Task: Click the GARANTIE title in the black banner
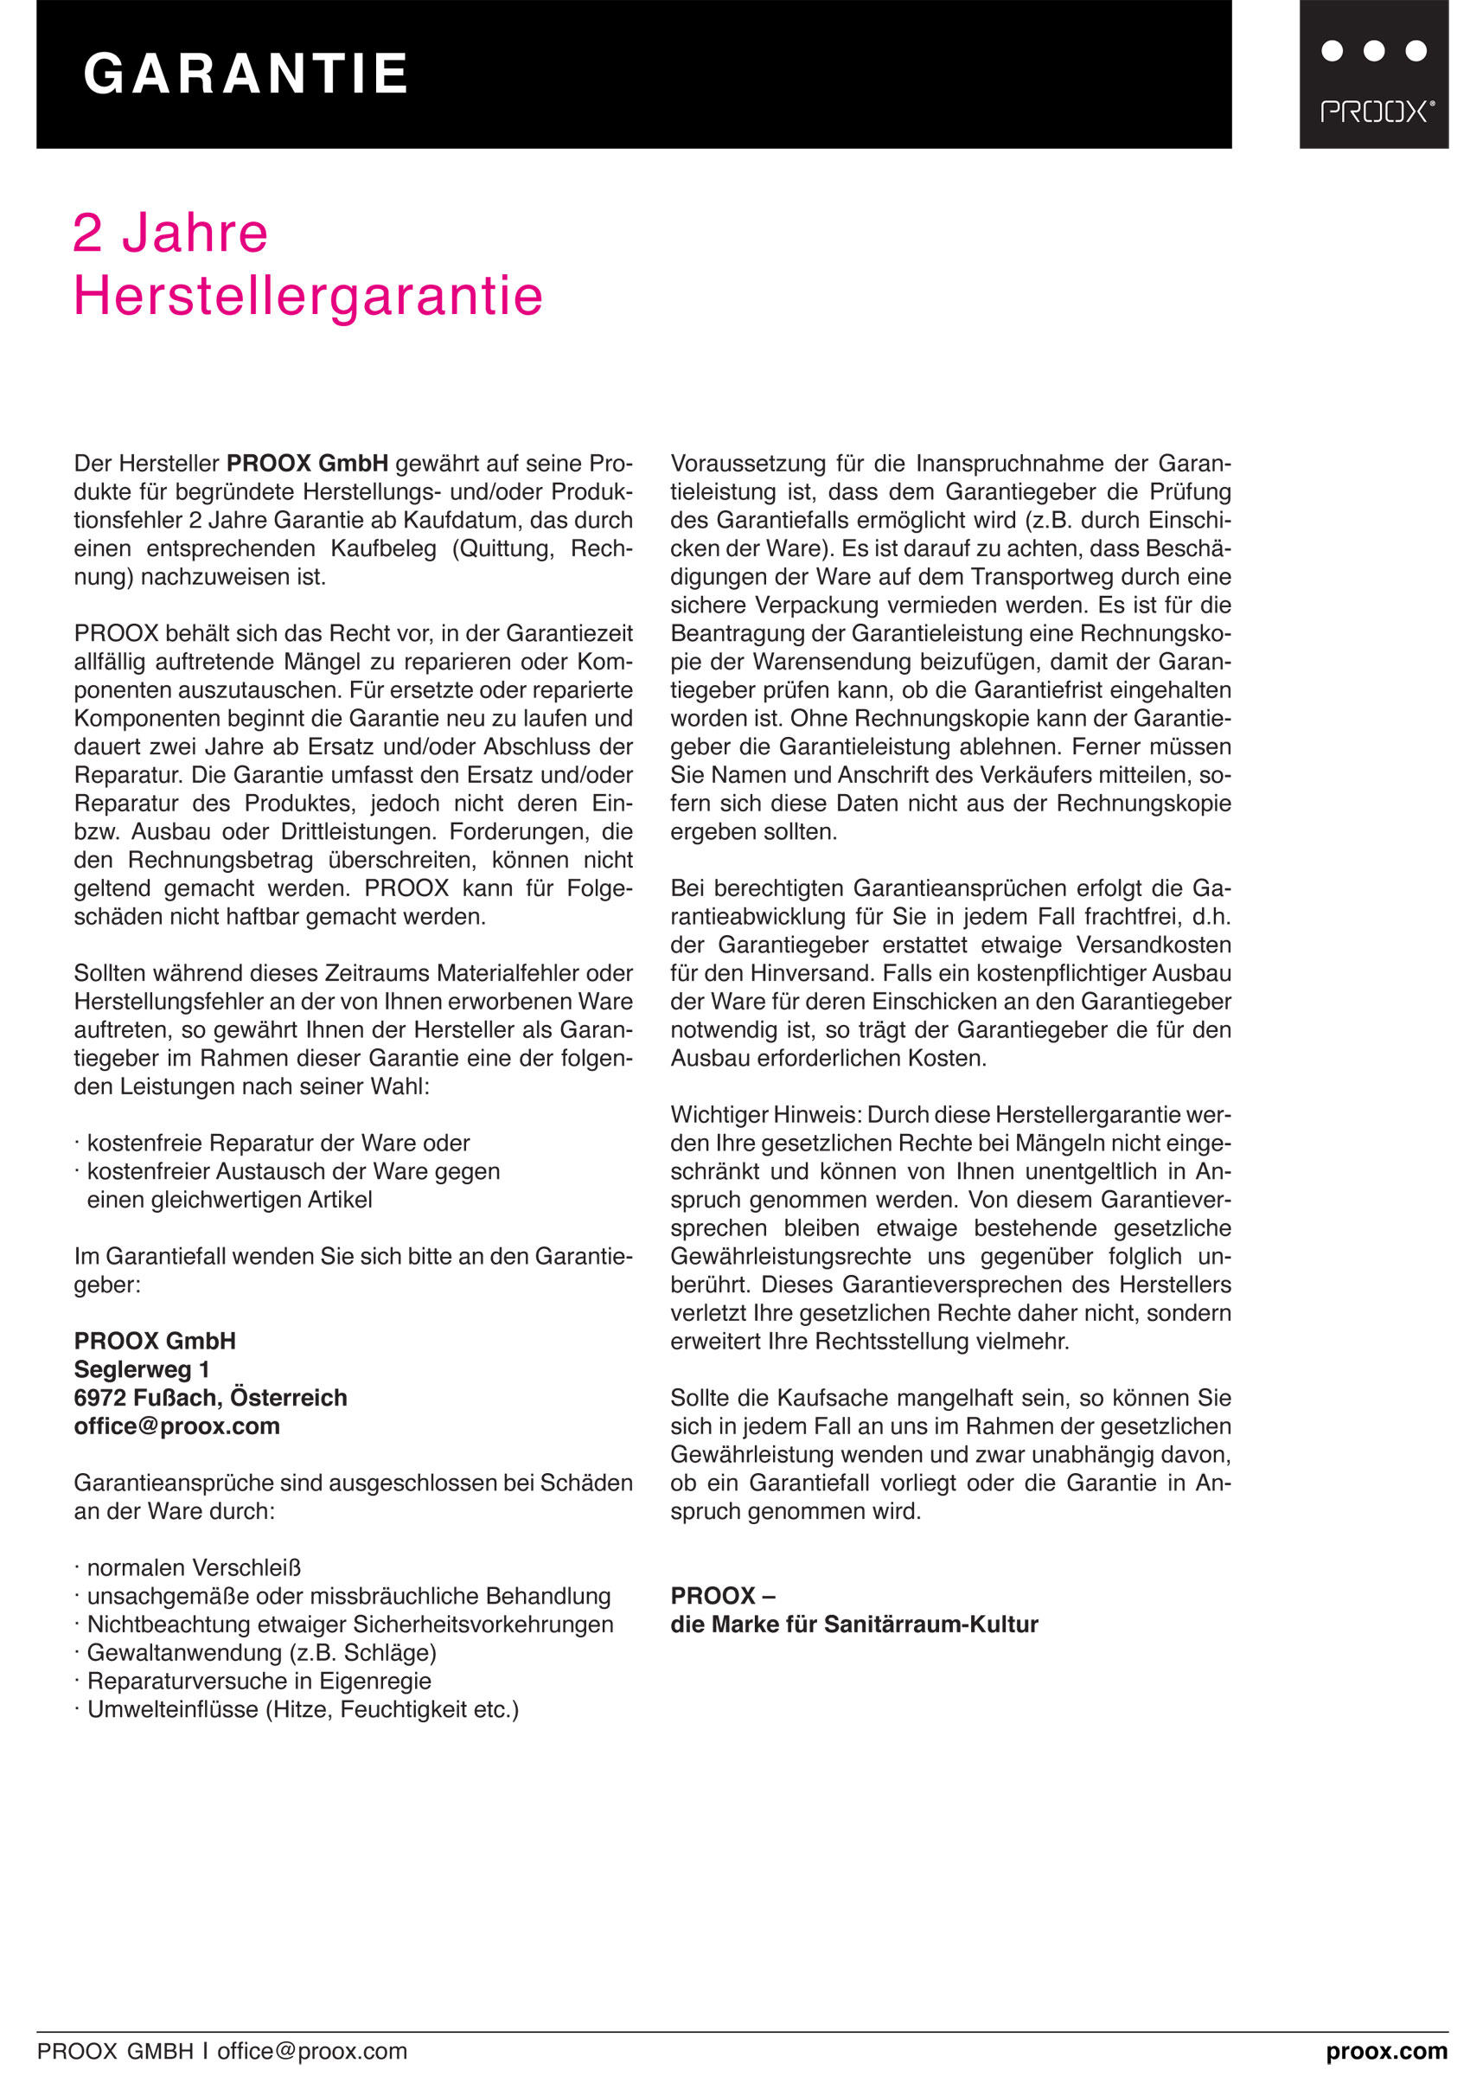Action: click(x=246, y=74)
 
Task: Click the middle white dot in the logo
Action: click(x=1373, y=51)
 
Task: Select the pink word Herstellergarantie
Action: click(x=308, y=295)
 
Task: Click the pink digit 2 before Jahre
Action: click(x=88, y=234)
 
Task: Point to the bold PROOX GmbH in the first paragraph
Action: click(x=307, y=464)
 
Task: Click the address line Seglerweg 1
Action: click(x=141, y=1369)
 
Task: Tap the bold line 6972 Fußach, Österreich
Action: click(x=210, y=1397)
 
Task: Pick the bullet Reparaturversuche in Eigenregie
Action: click(x=259, y=1681)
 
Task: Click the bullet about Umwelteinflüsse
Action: click(x=303, y=1709)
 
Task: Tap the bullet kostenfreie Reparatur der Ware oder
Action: click(x=278, y=1143)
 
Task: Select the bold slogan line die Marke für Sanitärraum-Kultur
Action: click(x=853, y=1624)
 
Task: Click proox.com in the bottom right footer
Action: click(x=1386, y=2051)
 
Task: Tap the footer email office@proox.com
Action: click(x=311, y=2051)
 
